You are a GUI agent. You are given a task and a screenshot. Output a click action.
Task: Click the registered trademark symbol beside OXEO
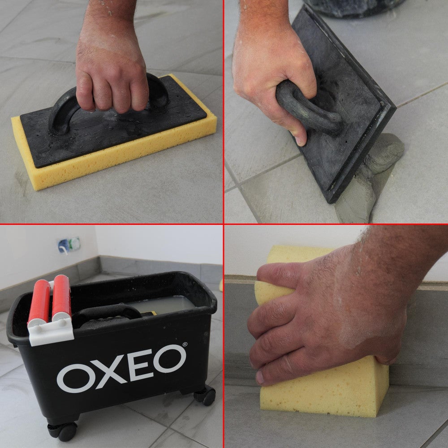pyautogui.click(x=185, y=345)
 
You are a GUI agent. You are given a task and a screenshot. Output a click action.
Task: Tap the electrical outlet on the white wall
pyautogui.click(x=68, y=245)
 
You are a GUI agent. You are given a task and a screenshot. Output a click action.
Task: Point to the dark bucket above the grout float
pyautogui.click(x=354, y=7)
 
